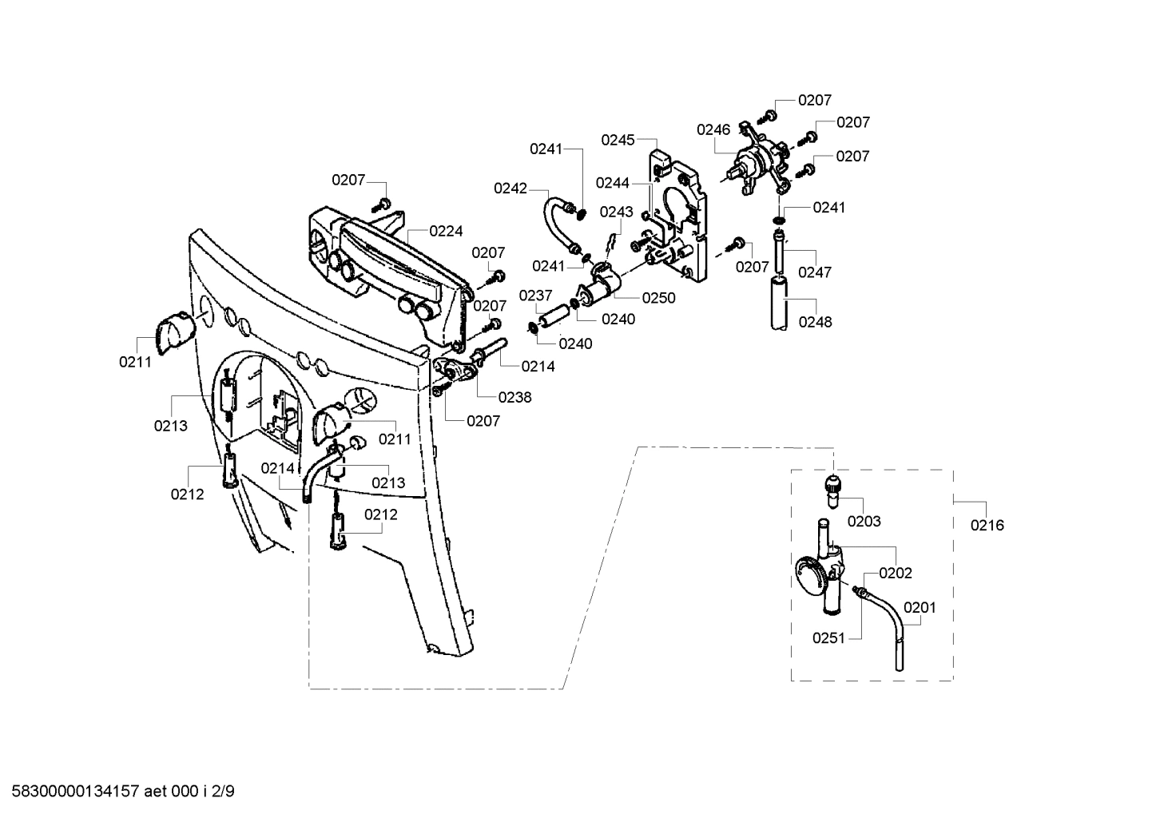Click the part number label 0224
pyautogui.click(x=446, y=232)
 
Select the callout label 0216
pyautogui.click(x=987, y=525)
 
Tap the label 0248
pyautogui.click(x=815, y=322)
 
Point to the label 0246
pyautogui.click(x=713, y=129)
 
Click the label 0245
pyautogui.click(x=618, y=140)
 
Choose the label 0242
pyautogui.click(x=510, y=189)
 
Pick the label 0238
pyautogui.click(x=514, y=397)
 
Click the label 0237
pyautogui.click(x=536, y=296)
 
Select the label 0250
pyautogui.click(x=658, y=298)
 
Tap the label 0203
pyautogui.click(x=864, y=522)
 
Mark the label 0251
pyautogui.click(x=829, y=637)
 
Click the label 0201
pyautogui.click(x=919, y=607)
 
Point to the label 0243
pyautogui.click(x=616, y=212)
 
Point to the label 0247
pyautogui.click(x=815, y=272)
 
